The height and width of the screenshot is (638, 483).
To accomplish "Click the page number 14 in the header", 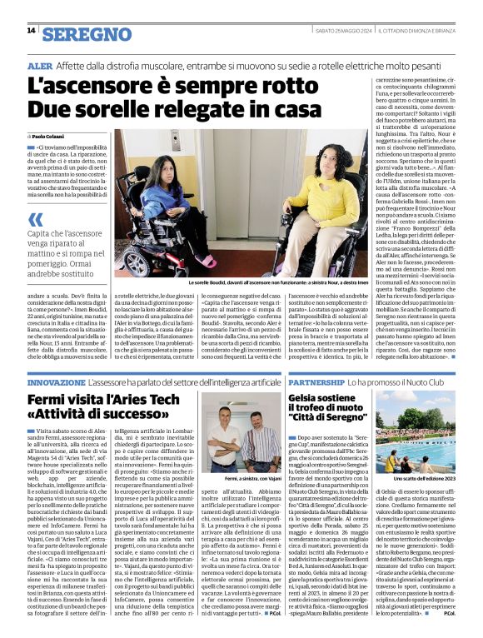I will (31, 31).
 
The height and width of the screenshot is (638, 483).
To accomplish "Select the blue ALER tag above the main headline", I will (39, 64).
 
